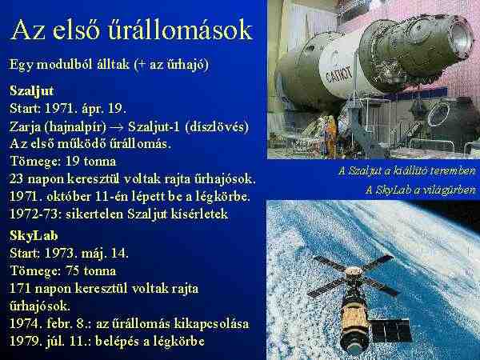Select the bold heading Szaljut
[31, 91]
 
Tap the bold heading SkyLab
[34, 235]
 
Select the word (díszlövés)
[217, 126]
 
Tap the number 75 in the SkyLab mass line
[72, 270]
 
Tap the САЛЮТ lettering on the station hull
[338, 74]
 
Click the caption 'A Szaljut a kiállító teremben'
[407, 171]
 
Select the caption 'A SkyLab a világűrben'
[421, 190]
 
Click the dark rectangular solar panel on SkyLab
[391, 330]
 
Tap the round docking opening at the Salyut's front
[460, 40]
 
